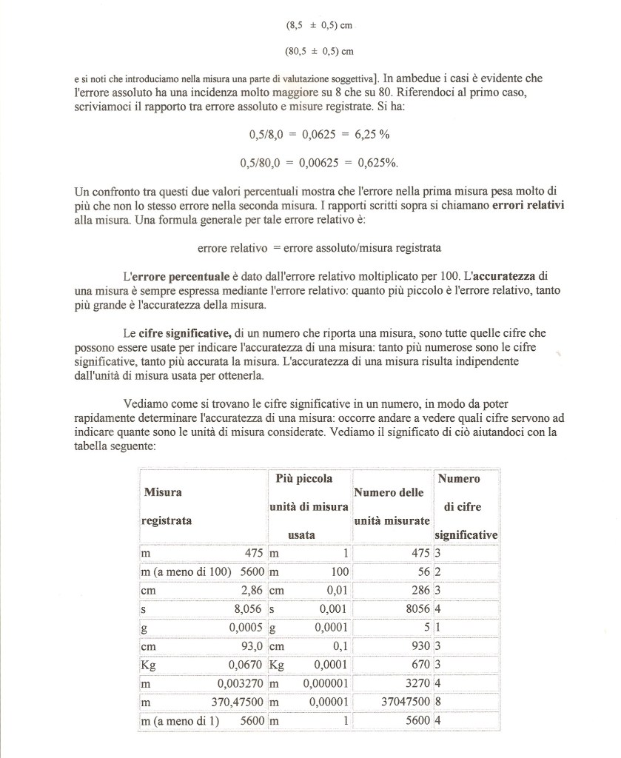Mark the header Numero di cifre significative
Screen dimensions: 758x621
point(466,506)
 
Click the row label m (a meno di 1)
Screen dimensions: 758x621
point(181,720)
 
